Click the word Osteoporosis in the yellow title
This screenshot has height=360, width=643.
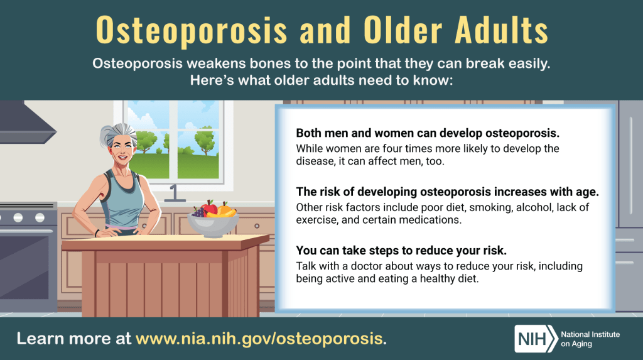point(192,30)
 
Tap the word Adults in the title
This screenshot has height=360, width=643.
point(501,30)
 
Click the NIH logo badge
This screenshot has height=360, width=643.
point(536,339)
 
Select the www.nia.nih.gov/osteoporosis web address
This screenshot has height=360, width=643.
point(259,339)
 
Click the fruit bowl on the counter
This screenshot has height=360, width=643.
point(213,224)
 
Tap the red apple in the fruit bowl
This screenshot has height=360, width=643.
point(210,208)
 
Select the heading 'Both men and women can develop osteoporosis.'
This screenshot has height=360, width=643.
point(428,133)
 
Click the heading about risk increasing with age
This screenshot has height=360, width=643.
point(447,192)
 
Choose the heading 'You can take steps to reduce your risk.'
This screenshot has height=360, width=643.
point(401,251)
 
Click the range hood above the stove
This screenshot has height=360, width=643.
point(25,123)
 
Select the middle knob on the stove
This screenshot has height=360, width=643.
point(18,217)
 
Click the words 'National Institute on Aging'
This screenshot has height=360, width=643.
point(590,339)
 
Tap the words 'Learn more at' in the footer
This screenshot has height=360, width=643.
point(74,339)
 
